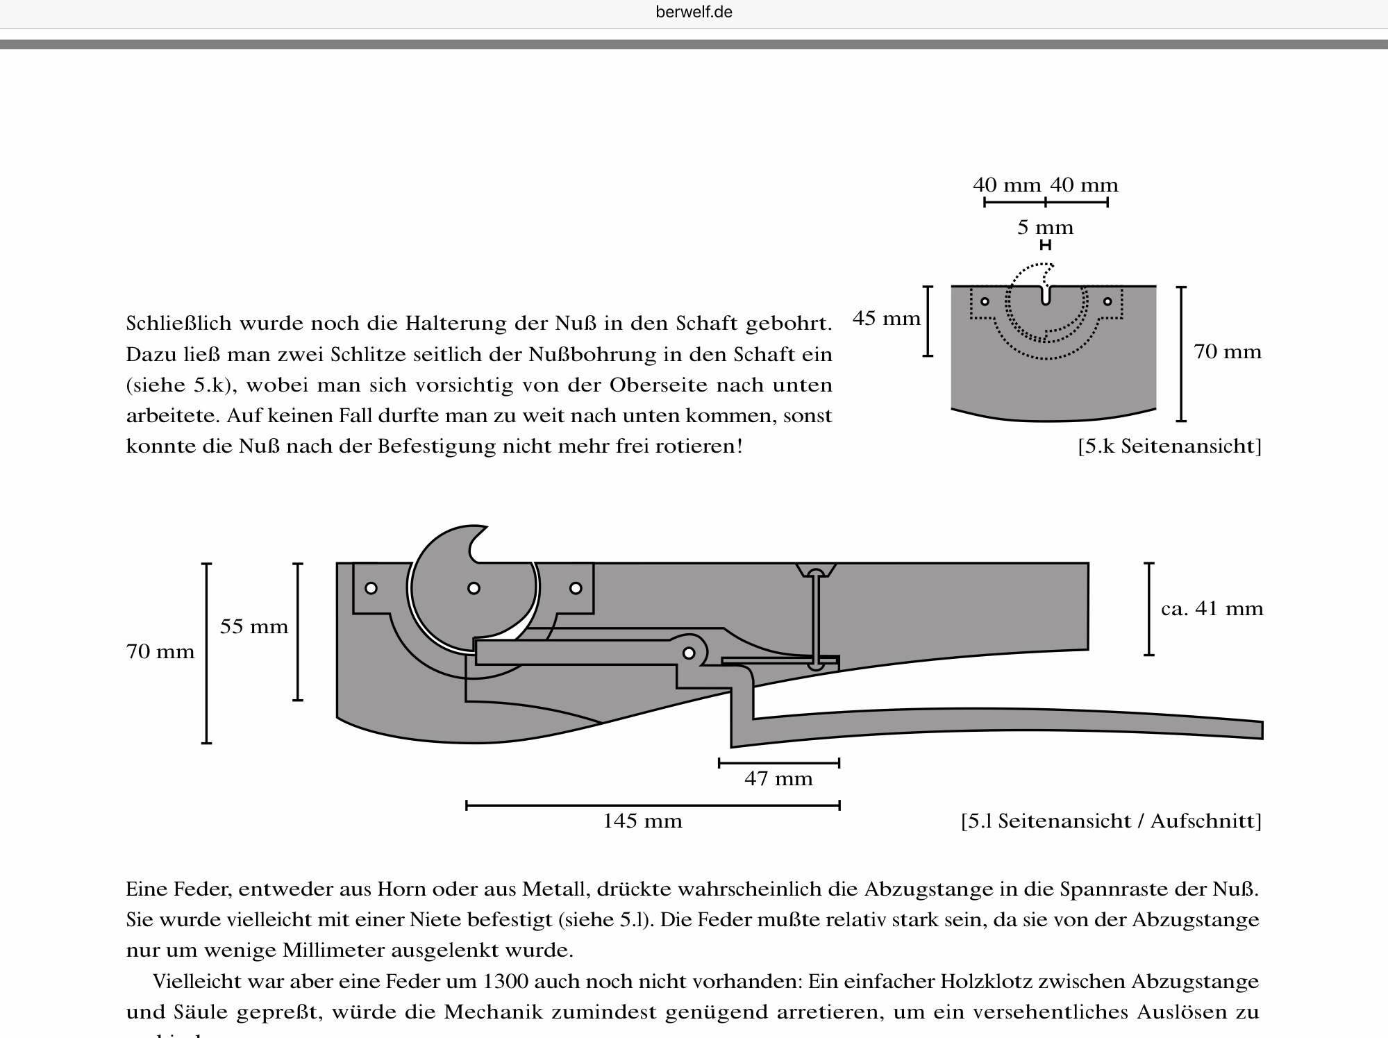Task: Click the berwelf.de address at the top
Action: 694,12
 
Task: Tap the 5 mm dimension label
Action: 1045,228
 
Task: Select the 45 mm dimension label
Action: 886,319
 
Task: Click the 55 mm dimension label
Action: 253,627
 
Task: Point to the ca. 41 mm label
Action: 1212,609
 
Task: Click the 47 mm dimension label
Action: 778,778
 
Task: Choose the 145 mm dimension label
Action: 642,821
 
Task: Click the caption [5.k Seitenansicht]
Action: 1169,446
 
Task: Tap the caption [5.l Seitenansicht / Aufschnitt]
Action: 1111,821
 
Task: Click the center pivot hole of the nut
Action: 474,588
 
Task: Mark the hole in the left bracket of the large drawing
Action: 371,588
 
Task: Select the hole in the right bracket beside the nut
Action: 576,588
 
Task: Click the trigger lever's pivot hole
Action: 689,653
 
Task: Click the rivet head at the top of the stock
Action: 816,572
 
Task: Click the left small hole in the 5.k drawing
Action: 985,301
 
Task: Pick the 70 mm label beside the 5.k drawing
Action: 1228,352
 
